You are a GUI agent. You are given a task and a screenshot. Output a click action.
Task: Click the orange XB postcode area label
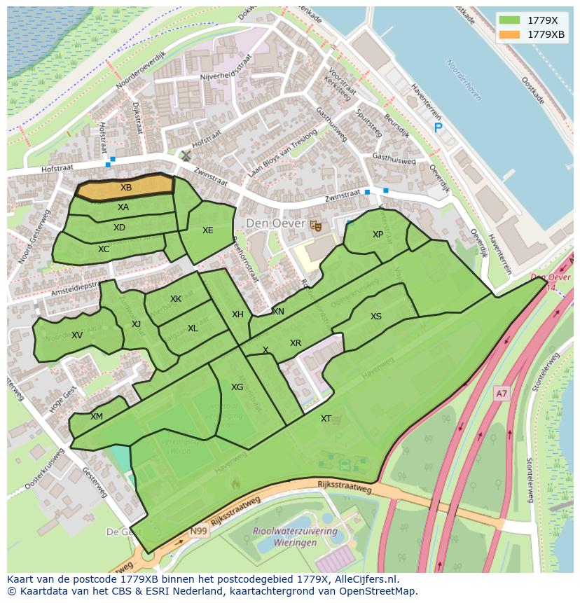pyautogui.click(x=126, y=188)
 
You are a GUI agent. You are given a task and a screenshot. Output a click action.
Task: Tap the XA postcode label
pyautogui.click(x=123, y=207)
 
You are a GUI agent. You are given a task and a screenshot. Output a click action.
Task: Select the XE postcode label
pyautogui.click(x=208, y=230)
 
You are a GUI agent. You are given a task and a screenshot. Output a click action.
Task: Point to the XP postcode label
pyautogui.click(x=378, y=235)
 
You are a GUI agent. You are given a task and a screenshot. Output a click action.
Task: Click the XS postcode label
pyautogui.click(x=376, y=317)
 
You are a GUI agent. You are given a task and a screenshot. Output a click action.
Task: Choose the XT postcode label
pyautogui.click(x=326, y=419)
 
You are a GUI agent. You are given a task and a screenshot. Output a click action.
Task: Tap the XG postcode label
pyautogui.click(x=237, y=387)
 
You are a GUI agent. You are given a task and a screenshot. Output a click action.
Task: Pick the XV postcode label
pyautogui.click(x=77, y=335)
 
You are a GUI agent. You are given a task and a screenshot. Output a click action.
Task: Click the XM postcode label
pyautogui.click(x=97, y=417)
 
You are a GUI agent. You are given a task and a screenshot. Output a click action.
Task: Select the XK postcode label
pyautogui.click(x=176, y=299)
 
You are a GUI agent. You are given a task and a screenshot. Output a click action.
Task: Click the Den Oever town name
pyautogui.click(x=275, y=224)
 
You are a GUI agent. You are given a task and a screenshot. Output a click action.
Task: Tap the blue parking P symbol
pyautogui.click(x=439, y=127)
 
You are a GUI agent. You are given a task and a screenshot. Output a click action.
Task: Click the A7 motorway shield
pyautogui.click(x=501, y=394)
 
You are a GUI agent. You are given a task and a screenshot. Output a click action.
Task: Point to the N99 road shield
pyautogui.click(x=198, y=532)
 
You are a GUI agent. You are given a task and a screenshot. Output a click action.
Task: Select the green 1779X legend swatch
pyautogui.click(x=510, y=21)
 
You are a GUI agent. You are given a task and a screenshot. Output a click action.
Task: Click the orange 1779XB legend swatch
pyautogui.click(x=510, y=35)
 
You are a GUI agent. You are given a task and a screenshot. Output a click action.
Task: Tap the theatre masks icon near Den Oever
pyautogui.click(x=315, y=225)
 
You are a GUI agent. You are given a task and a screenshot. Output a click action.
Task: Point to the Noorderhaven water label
pyautogui.click(x=464, y=80)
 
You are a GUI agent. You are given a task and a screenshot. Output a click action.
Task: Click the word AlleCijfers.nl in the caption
pyautogui.click(x=365, y=579)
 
